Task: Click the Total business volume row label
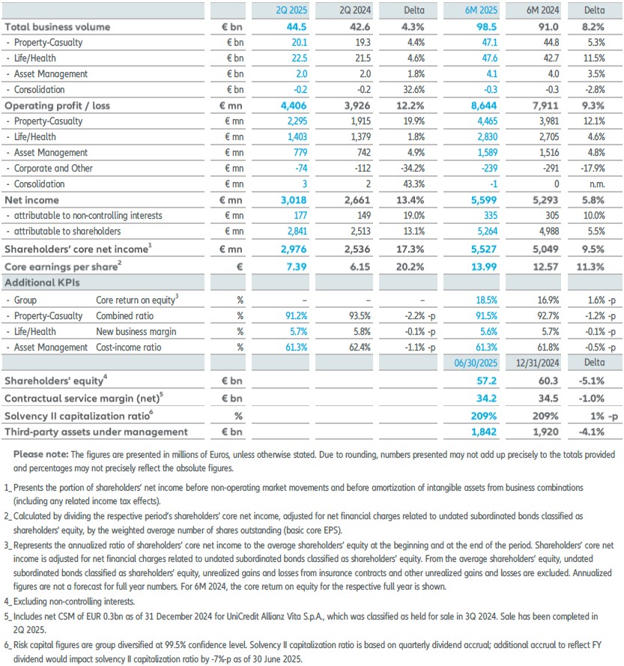58,27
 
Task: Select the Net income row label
31,200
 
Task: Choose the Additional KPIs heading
41,283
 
